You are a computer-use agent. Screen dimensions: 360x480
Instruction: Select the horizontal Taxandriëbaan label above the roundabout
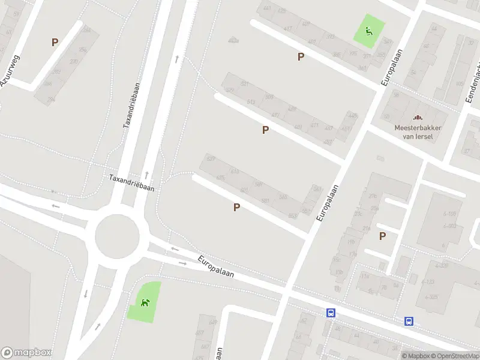[131, 182]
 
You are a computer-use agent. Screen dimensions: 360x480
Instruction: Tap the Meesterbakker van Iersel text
[418, 131]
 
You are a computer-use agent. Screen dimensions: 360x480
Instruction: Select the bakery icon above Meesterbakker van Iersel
[418, 118]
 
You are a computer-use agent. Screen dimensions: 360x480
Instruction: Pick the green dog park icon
[145, 302]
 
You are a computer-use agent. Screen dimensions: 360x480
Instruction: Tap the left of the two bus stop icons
[331, 313]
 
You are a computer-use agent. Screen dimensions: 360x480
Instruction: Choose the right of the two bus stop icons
[409, 321]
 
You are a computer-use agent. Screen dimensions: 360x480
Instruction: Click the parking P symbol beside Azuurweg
[55, 42]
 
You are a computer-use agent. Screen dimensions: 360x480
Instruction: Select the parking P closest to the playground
[301, 56]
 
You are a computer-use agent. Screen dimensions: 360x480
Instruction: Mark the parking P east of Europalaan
[382, 236]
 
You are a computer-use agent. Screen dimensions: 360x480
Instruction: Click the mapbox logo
[26, 353]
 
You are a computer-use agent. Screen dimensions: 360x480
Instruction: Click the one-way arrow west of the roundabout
[55, 206]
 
